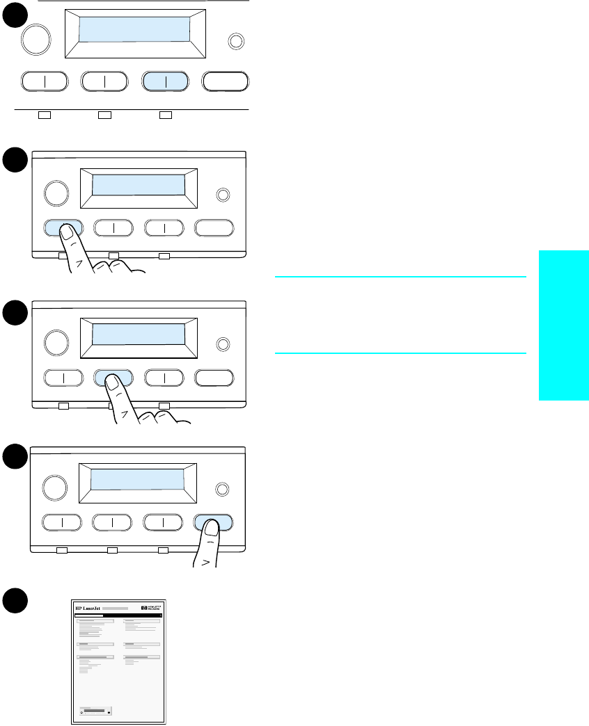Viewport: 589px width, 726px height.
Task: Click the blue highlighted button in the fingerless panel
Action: [165, 81]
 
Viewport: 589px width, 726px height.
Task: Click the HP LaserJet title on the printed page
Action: [88, 608]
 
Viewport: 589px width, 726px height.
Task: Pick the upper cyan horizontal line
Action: [400, 277]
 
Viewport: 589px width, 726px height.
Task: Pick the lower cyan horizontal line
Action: [400, 353]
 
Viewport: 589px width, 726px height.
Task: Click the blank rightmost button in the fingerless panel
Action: [226, 81]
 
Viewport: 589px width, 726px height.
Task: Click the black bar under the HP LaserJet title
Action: [88, 615]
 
